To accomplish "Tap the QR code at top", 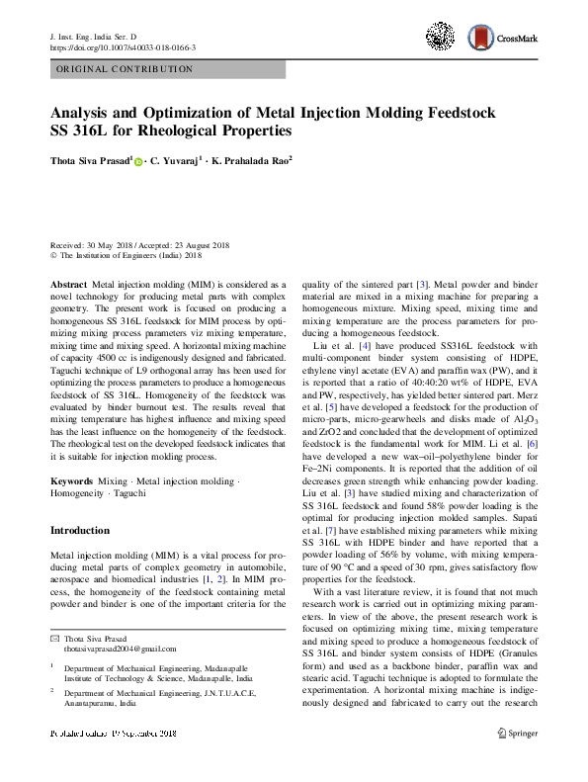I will [441, 38].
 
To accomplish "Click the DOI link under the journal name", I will [122, 47].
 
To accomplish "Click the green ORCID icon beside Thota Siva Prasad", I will [138, 157].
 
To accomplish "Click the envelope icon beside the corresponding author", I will [54, 638].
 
